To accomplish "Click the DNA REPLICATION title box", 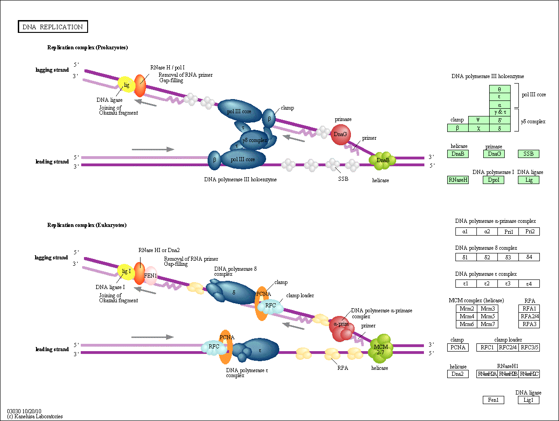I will pos(53,27).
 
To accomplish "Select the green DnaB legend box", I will pos(458,154).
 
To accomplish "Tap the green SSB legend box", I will pos(528,154).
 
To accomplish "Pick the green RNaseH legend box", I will pos(458,180).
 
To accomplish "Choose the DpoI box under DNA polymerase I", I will pos(493,180).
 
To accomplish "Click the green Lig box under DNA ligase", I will pos(528,180).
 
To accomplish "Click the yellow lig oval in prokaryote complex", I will pos(126,85).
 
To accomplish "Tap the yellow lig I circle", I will pos(125,272).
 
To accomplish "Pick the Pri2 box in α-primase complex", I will pos(529,232).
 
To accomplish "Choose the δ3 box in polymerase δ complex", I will pos(508,257).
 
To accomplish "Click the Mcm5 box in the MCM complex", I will pos(488,316).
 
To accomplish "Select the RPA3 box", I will pos(529,324).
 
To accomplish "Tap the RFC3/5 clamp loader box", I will pos(529,347).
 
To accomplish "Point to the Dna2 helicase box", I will pos(458,374).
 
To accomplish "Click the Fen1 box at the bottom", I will pos(493,400).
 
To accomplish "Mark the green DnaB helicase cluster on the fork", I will pos(382,160).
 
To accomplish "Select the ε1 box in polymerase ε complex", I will pos(466,284).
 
